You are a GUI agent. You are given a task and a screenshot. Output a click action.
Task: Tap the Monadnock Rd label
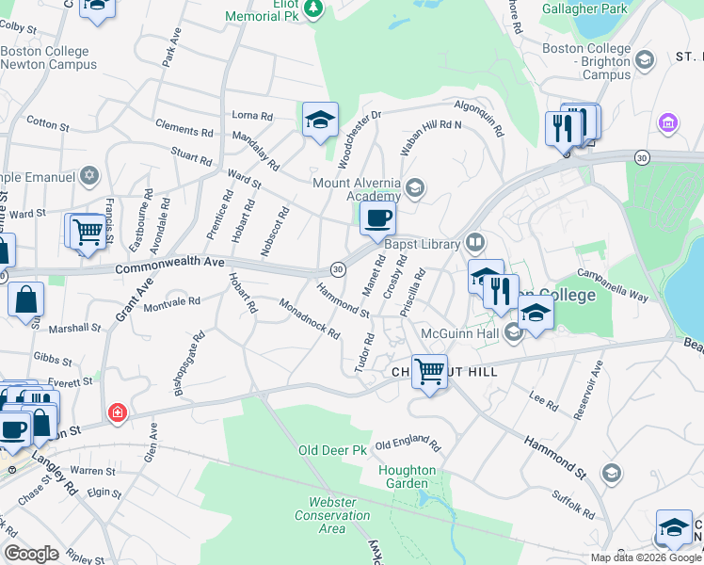click(x=310, y=318)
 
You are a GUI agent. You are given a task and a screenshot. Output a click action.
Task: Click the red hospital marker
click(x=118, y=412)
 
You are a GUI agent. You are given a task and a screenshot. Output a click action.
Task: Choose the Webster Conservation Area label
click(x=332, y=515)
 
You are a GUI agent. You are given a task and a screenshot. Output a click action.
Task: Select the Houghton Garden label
click(x=407, y=476)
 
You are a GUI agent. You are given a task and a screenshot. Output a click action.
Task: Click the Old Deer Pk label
click(x=332, y=451)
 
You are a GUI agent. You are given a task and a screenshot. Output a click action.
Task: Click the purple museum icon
click(x=668, y=123)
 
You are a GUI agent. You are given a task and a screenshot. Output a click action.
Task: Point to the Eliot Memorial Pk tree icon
click(x=316, y=10)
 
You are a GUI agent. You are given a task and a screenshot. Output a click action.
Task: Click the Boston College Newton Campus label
click(x=49, y=58)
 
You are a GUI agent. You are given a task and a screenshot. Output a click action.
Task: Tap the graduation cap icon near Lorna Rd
click(x=320, y=121)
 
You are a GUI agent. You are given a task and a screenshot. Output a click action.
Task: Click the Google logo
click(x=32, y=554)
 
